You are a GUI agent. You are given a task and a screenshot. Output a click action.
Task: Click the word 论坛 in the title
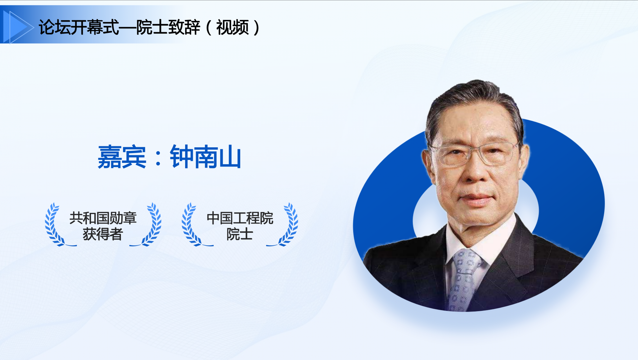click(x=54, y=27)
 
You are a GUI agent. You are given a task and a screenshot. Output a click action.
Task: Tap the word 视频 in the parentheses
click(x=233, y=27)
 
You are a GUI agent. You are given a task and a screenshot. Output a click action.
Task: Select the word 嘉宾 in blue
click(x=122, y=157)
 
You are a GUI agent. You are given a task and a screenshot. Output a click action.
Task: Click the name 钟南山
click(x=205, y=157)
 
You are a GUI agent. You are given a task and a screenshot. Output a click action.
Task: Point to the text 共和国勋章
click(x=103, y=218)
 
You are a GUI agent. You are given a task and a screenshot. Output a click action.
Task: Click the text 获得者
click(x=103, y=234)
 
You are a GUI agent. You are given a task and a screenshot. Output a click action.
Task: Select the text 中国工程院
click(x=240, y=218)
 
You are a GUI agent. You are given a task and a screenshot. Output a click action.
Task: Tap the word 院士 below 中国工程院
click(x=240, y=234)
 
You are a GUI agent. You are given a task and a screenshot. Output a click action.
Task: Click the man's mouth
click(x=476, y=198)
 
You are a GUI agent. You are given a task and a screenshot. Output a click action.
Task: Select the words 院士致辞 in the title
click(x=168, y=27)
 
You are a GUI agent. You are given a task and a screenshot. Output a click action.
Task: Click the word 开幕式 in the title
click(x=95, y=27)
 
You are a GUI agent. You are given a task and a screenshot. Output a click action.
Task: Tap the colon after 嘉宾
click(x=158, y=158)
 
